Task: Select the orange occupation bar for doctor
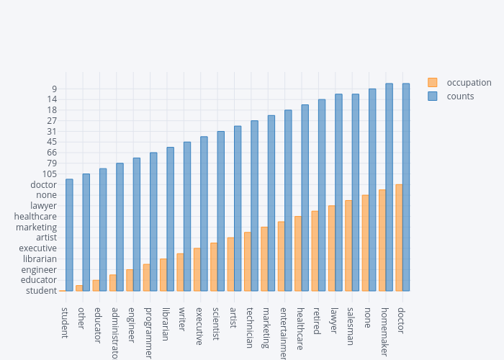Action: (399, 238)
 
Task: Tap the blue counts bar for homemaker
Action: (389, 187)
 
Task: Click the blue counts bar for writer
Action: (187, 216)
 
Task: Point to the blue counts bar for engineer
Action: (137, 224)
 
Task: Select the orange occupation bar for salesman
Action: (348, 246)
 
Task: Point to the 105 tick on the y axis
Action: (48, 174)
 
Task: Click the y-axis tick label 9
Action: (54, 89)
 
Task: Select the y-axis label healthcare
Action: (35, 216)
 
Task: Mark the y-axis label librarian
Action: (40, 258)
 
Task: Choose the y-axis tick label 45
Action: (51, 142)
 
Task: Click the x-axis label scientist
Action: (216, 324)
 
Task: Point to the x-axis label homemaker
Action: (384, 332)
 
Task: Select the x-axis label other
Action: (81, 318)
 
